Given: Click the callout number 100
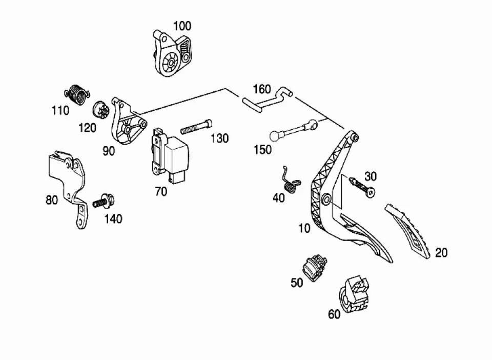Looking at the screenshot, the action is click(x=182, y=26).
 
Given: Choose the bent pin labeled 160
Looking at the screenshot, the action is click(x=266, y=99).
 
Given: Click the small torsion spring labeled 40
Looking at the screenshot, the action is click(x=291, y=182).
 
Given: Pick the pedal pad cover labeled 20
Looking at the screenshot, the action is click(x=408, y=231).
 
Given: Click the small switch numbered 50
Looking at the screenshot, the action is click(x=314, y=268).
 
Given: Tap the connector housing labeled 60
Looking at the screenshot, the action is click(x=354, y=294).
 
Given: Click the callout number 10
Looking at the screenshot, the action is click(x=304, y=228).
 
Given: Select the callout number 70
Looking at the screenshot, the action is click(x=161, y=191).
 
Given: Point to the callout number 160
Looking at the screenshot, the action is click(x=262, y=89).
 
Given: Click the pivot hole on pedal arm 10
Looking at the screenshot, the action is click(x=326, y=199).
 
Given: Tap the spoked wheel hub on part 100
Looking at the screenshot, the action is click(x=171, y=63).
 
